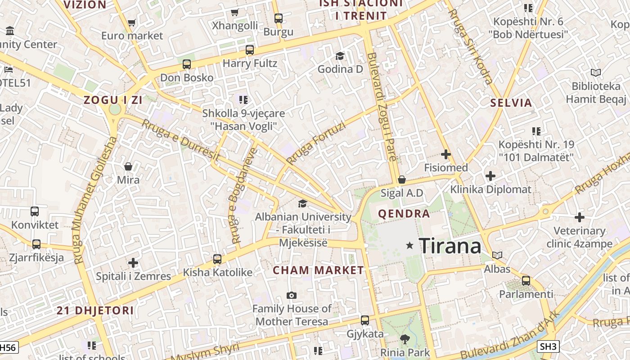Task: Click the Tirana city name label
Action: coord(450,246)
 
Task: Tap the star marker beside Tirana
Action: coord(409,246)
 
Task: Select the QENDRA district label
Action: coord(404,214)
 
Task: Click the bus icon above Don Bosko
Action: coord(187,64)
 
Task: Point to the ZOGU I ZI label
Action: coord(113,100)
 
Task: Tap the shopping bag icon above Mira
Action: coord(128,167)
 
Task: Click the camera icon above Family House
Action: coord(292,296)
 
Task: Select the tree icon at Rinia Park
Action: coord(405,339)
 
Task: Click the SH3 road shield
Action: coord(549,346)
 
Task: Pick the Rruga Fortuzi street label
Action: coord(316,144)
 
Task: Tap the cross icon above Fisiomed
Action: coord(446,155)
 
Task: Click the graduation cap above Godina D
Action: coord(340,56)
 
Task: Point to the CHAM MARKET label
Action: coord(319,270)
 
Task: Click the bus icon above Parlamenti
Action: coord(526,281)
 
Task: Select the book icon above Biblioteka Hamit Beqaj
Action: coord(595,72)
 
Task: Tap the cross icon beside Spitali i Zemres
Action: coord(133,263)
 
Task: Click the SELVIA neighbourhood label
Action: coord(511,103)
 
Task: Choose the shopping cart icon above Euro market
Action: coord(131,22)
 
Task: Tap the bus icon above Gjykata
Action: coord(365,320)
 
